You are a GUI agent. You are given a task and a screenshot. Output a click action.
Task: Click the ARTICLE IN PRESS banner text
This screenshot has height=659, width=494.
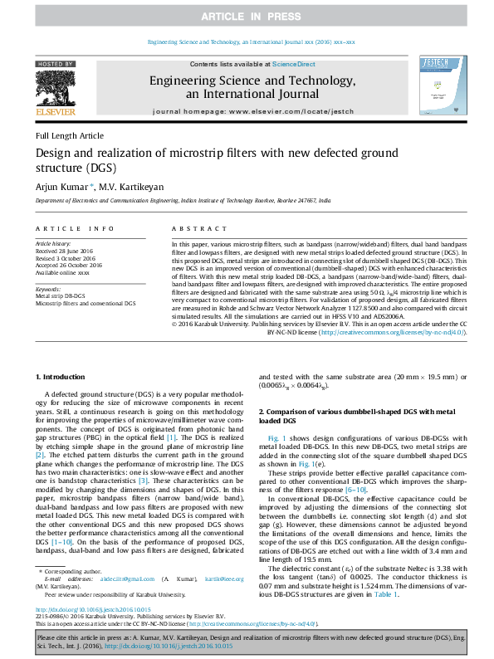coord(247,17)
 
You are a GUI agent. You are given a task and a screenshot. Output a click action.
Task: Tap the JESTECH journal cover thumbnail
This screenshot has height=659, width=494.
coord(436,86)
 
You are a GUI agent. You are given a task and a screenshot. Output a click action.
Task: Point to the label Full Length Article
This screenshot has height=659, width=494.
coord(70,135)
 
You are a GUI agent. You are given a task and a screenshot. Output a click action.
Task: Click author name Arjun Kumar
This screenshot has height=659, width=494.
coord(62,187)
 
